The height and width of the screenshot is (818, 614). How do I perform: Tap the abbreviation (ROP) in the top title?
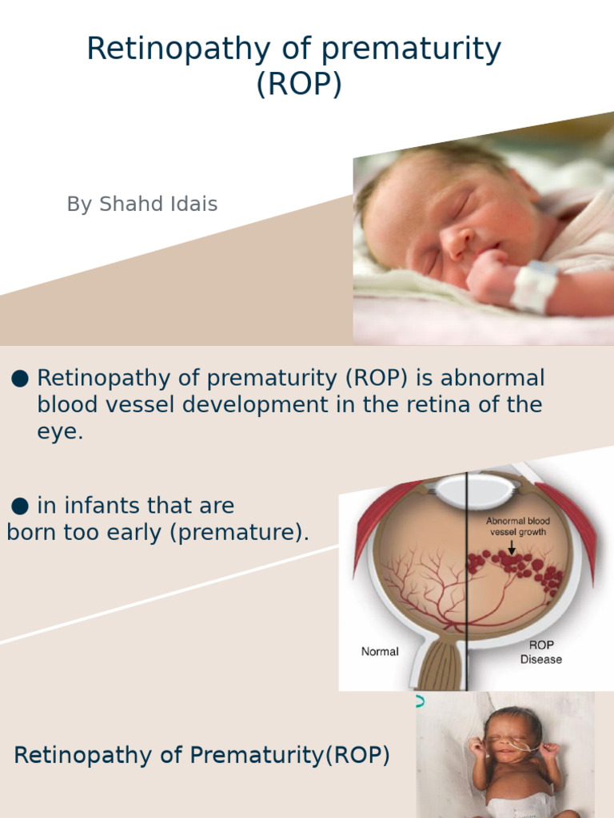pyautogui.click(x=298, y=83)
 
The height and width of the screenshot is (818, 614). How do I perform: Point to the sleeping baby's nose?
pyautogui.click(x=457, y=242)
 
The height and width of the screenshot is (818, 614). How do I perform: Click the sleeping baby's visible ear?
pyautogui.click(x=522, y=185)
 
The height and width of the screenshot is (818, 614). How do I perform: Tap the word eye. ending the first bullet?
pyautogui.click(x=60, y=432)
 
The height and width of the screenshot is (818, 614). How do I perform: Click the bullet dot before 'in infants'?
pyautogui.click(x=21, y=506)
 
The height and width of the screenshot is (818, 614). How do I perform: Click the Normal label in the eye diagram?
pyautogui.click(x=380, y=652)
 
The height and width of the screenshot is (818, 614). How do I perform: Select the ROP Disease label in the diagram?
pyautogui.click(x=541, y=652)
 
